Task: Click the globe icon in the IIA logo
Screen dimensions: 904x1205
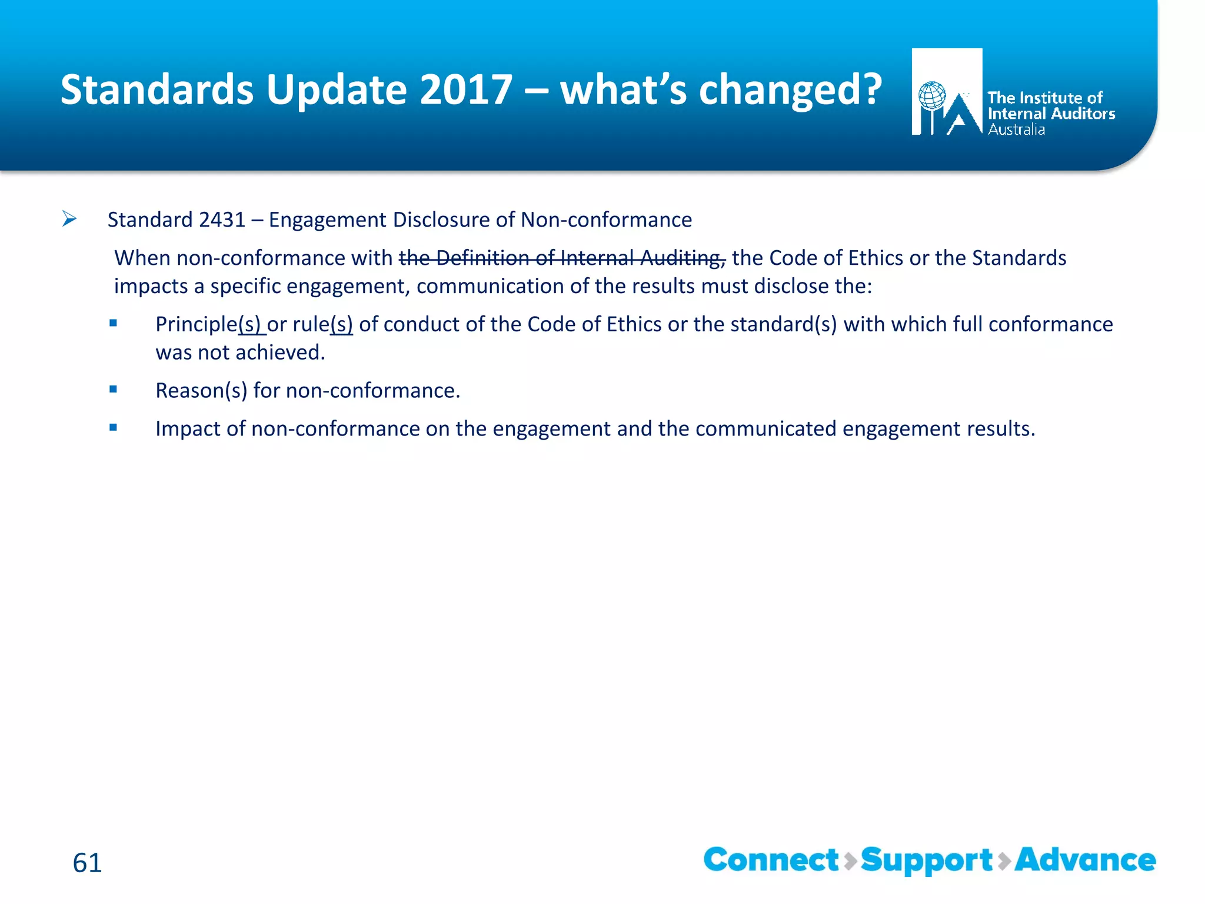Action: (x=932, y=96)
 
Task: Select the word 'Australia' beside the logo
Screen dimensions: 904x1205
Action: (x=1016, y=130)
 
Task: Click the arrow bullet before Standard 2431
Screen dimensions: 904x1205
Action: (x=69, y=220)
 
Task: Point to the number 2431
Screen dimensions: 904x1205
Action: (x=222, y=220)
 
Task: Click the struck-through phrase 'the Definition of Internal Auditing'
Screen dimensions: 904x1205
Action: (x=562, y=258)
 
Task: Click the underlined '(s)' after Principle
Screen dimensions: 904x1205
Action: (x=251, y=324)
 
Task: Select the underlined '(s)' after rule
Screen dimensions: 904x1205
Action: (x=341, y=324)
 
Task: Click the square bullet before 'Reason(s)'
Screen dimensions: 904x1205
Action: (x=113, y=389)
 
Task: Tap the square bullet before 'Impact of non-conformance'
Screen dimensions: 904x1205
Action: (x=113, y=427)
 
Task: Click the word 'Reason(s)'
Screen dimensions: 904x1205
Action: (x=201, y=391)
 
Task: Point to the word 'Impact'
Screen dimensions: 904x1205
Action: (x=188, y=429)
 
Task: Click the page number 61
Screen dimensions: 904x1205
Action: (x=87, y=863)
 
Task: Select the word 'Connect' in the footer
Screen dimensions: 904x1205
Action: (x=771, y=860)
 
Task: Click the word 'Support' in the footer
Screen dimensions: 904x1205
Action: (x=927, y=860)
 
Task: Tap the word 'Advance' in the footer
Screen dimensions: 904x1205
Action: (x=1085, y=860)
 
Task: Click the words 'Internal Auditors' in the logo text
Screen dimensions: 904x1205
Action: (x=1051, y=114)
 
